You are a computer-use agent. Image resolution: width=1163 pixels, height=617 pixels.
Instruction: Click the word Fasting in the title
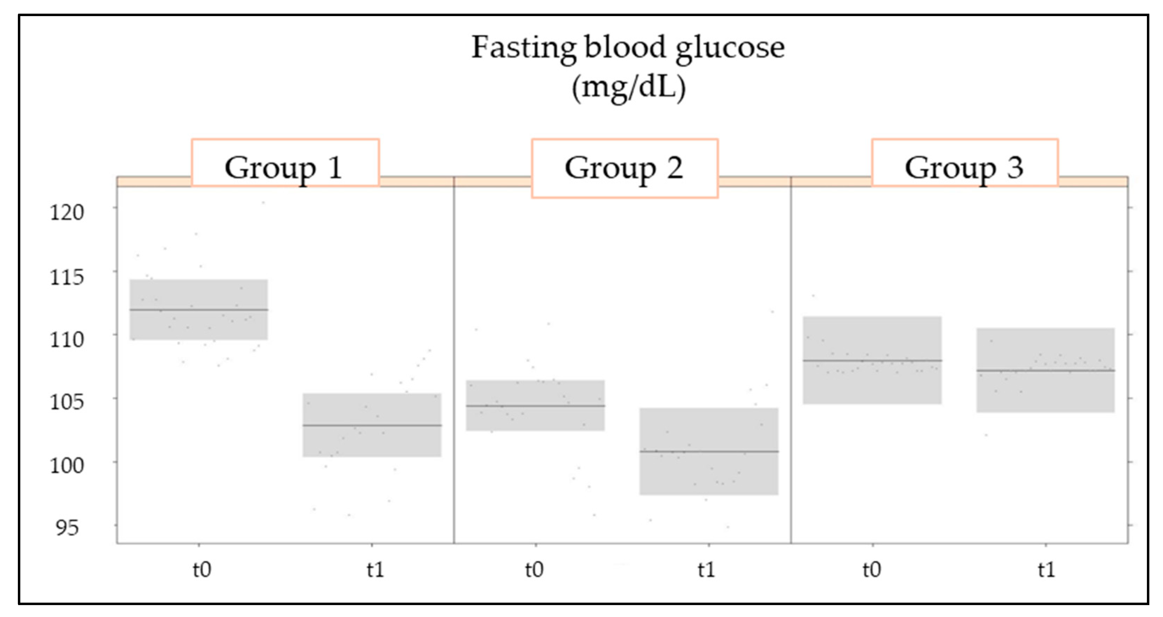point(523,47)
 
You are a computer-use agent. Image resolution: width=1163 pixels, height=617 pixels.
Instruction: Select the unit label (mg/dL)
point(628,87)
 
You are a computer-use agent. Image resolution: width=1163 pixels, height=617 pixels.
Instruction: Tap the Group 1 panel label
point(284,168)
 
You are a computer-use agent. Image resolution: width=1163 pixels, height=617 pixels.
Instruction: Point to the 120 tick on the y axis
point(67,212)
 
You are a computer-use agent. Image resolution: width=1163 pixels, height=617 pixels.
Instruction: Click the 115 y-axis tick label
point(67,276)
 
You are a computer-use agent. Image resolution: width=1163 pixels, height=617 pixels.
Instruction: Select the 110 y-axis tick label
point(67,339)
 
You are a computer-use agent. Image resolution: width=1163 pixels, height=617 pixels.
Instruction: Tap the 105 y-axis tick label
point(67,402)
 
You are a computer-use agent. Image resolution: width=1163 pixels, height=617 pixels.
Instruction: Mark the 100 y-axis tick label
point(67,465)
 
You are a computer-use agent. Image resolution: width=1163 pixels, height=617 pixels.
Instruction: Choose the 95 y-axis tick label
point(67,528)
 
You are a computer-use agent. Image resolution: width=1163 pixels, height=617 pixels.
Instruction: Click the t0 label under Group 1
point(202,570)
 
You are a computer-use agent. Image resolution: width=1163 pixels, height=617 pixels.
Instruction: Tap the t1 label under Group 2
point(706,570)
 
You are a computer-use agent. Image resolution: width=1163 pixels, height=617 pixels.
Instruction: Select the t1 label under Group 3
point(1046,570)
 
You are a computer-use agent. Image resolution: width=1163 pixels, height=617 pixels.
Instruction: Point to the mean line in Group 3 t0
point(872,360)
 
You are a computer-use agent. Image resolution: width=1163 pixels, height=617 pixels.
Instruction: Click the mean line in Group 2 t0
point(535,405)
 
